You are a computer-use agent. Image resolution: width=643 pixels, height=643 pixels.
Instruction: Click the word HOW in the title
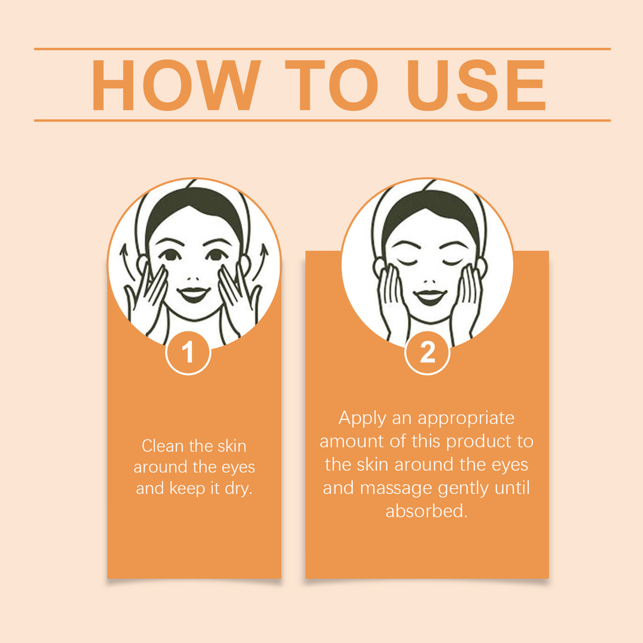176,85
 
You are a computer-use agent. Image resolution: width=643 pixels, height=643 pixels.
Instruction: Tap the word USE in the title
476,85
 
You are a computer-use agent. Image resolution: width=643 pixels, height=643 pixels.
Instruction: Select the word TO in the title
332,85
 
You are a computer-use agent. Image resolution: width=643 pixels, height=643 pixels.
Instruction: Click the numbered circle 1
188,353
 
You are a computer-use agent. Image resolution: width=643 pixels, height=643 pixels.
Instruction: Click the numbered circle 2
427,353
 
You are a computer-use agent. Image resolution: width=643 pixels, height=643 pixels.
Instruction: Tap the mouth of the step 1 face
193,294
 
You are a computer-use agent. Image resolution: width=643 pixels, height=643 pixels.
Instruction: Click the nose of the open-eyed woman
193,278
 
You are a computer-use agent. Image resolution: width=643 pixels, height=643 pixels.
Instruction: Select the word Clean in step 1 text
163,446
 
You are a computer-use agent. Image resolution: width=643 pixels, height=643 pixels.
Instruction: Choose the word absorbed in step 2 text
426,511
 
